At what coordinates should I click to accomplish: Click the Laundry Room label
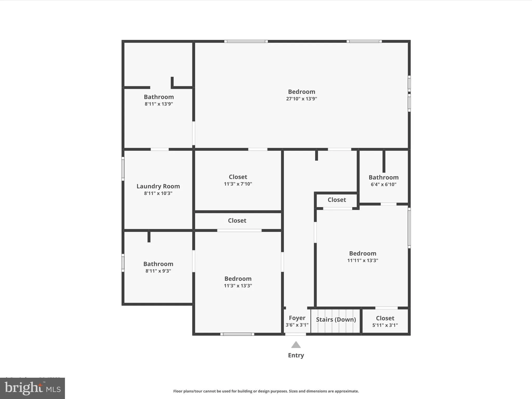[x=158, y=186]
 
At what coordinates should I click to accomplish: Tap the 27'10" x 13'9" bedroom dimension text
[x=301, y=99]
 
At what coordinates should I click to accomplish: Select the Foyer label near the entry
[x=297, y=318]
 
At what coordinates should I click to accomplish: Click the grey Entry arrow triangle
[x=296, y=345]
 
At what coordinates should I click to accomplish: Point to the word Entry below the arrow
[x=296, y=355]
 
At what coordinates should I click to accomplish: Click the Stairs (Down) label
[x=336, y=320]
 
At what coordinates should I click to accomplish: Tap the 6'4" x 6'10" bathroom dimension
[x=383, y=184]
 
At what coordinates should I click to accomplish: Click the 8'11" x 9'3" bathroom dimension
[x=158, y=271]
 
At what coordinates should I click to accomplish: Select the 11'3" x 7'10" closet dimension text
[x=238, y=184]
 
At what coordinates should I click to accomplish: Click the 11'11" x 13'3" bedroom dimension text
[x=363, y=260]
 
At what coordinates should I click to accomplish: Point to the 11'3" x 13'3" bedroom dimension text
[x=238, y=286]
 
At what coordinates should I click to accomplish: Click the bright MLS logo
[x=32, y=388]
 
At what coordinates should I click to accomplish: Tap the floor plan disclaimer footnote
[x=266, y=391]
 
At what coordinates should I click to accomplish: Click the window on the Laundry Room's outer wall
[x=123, y=169]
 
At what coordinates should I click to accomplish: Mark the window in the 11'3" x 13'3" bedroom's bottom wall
[x=237, y=334]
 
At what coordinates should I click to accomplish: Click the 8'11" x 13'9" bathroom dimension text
[x=159, y=104]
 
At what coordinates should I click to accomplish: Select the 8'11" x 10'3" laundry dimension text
[x=158, y=193]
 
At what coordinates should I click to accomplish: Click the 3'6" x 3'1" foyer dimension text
[x=297, y=325]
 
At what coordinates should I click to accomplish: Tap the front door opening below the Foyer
[x=296, y=334]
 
